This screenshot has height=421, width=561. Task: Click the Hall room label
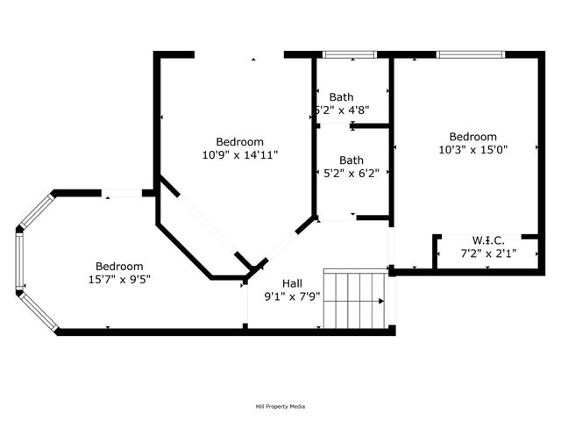click(x=293, y=283)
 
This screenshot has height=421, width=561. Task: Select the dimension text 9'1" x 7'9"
click(x=294, y=296)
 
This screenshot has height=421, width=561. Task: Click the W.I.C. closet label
click(x=488, y=240)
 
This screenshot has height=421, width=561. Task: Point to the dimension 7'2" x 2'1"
click(x=488, y=253)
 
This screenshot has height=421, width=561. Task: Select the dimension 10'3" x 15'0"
click(x=473, y=149)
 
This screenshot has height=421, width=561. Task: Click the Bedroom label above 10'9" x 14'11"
click(x=239, y=142)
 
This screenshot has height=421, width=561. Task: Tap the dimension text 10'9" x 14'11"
click(x=239, y=154)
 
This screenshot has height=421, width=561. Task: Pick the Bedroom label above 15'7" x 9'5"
click(x=119, y=267)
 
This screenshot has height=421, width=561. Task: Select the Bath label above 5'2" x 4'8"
click(x=341, y=96)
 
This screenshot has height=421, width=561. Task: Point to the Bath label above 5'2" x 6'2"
click(x=352, y=161)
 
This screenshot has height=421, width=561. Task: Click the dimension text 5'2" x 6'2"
click(x=352, y=173)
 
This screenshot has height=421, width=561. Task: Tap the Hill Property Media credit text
click(x=280, y=406)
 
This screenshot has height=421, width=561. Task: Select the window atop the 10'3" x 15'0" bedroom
click(x=471, y=55)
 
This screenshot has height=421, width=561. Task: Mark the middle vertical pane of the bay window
click(x=18, y=260)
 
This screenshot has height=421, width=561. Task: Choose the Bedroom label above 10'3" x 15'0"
click(x=473, y=137)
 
